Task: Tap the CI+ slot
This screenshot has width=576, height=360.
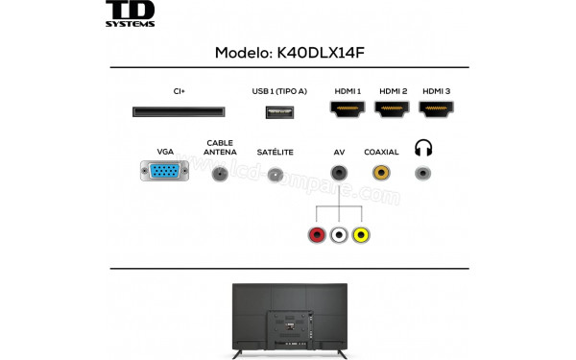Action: pyautogui.click(x=179, y=111)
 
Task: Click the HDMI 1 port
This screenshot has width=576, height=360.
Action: pyautogui.click(x=348, y=111)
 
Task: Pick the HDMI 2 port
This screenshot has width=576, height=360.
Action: pyautogui.click(x=393, y=111)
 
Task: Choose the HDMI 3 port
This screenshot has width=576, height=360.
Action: pyautogui.click(x=438, y=111)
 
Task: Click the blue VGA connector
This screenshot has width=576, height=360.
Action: pyautogui.click(x=165, y=174)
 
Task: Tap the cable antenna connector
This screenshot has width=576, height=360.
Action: pyautogui.click(x=220, y=175)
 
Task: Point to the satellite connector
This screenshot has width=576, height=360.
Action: pyautogui.click(x=276, y=175)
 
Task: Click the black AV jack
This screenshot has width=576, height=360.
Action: pyautogui.click(x=338, y=174)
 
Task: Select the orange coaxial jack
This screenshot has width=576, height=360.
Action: pyautogui.click(x=381, y=174)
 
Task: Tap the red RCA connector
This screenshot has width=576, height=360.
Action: pyautogui.click(x=316, y=234)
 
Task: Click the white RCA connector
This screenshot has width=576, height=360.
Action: pyautogui.click(x=338, y=234)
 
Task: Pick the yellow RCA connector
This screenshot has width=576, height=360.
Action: pyautogui.click(x=361, y=234)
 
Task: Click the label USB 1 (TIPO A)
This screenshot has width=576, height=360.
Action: pyautogui.click(x=279, y=91)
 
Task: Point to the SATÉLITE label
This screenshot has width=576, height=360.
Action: pyautogui.click(x=276, y=153)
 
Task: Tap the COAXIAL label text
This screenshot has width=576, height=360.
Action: pyautogui.click(x=381, y=153)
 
